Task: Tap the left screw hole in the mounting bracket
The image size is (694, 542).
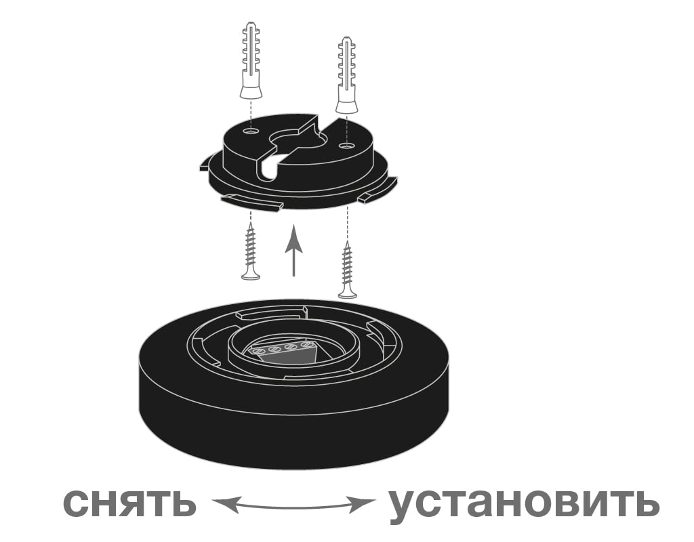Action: coord(251,131)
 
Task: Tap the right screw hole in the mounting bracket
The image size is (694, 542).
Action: coord(346,145)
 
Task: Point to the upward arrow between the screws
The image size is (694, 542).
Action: coord(293,250)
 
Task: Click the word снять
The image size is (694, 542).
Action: coord(129,502)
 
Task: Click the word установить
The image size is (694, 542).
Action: coord(524,505)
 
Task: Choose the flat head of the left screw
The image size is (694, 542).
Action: coord(251,276)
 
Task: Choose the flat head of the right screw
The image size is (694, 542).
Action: coord(348,294)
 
